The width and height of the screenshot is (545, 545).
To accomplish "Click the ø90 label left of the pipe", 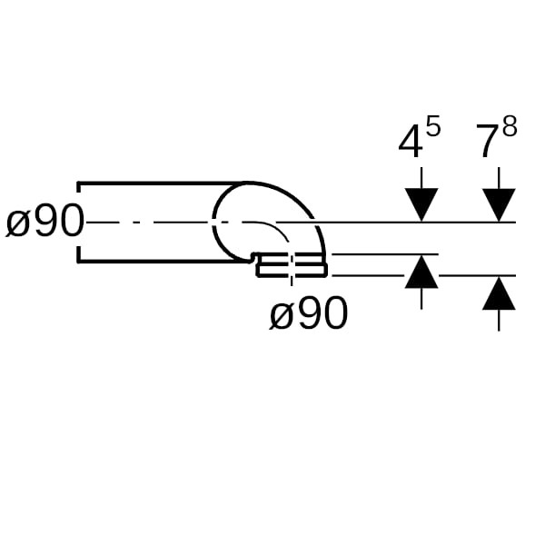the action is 45,221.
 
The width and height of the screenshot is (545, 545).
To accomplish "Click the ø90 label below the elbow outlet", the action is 309,312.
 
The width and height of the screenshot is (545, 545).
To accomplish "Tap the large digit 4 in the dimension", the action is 411,143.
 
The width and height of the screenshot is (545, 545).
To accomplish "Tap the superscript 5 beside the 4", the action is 433,126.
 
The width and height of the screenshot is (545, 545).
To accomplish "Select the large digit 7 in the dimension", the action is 489,143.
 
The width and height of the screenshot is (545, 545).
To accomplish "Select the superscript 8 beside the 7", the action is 510,126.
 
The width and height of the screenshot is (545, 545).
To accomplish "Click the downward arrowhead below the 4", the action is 421,205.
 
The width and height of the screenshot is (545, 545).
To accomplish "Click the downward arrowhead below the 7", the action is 499,205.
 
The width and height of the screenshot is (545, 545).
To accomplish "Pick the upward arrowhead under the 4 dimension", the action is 421,272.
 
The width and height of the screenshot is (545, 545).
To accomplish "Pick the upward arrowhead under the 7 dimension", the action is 499,292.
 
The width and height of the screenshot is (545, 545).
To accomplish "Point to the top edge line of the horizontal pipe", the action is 161,183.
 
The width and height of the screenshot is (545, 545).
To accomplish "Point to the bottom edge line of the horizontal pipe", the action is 161,261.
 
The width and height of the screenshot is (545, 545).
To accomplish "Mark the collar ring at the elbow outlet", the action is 292,266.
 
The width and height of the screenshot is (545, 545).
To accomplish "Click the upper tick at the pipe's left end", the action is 79,186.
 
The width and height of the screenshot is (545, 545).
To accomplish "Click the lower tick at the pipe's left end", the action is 79,254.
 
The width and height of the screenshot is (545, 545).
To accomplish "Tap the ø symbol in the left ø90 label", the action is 16,225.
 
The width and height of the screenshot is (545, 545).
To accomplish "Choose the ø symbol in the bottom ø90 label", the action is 281,316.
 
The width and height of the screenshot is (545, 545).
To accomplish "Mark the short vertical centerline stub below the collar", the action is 292,282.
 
